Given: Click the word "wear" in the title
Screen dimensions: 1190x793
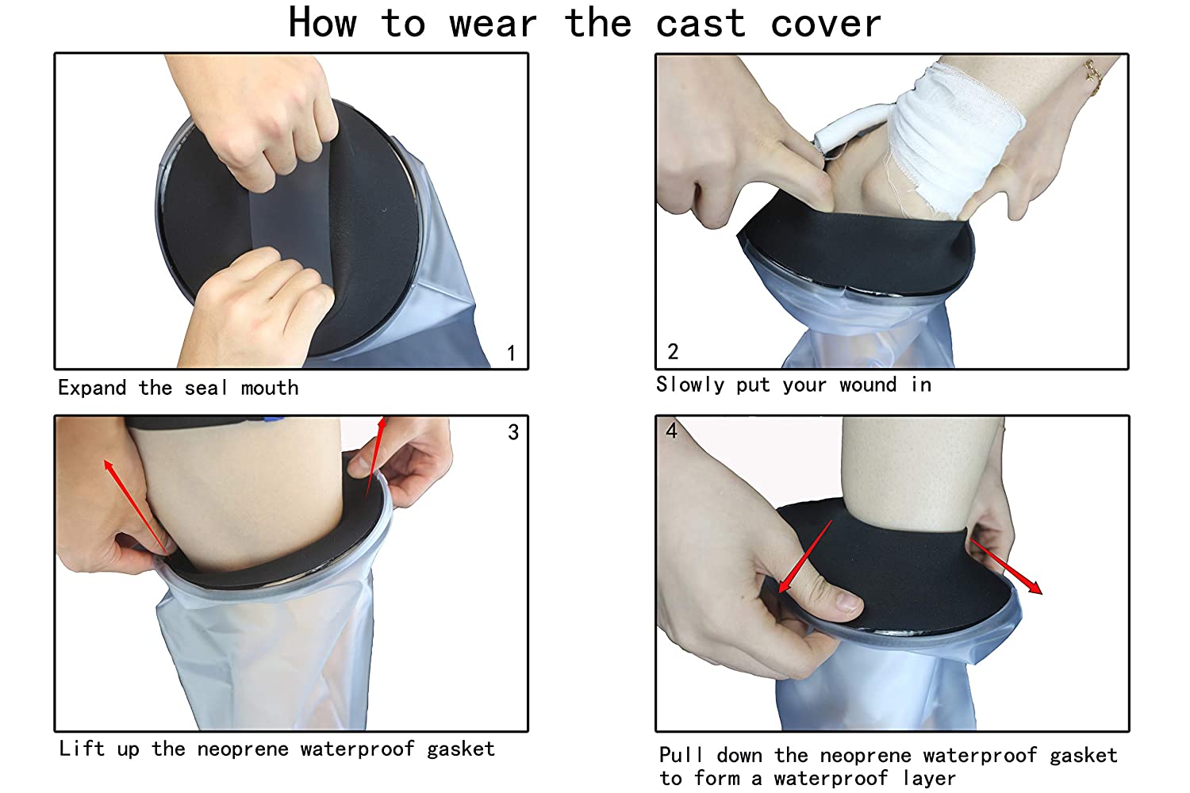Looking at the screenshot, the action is pos(493,25).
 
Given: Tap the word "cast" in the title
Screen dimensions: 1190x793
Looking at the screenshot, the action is pos(701,24).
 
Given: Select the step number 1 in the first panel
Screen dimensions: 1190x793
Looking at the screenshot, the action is pos(511,353).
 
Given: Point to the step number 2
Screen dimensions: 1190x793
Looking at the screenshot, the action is pos(673,351).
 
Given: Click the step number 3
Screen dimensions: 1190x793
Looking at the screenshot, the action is pos(513,432).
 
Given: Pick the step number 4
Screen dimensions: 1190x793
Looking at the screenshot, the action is pos(671,431).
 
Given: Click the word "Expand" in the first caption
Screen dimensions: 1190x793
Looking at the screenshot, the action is pos(92,389).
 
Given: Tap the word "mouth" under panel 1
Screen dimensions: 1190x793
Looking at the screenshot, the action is pos(270,389).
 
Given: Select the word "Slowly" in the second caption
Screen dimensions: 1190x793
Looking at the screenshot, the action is pos(690,385).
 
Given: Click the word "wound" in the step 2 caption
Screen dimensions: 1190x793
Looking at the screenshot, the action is pos(868,385).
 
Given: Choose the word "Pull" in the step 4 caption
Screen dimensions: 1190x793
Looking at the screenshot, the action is pos(681,755).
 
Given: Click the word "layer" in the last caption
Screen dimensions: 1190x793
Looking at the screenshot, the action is pos(929,779).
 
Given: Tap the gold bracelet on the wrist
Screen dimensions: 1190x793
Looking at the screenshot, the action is pos(1093,78).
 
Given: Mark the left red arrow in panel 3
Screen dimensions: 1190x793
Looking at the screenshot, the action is pos(136,508).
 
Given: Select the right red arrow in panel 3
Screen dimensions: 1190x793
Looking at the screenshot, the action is pos(376,458).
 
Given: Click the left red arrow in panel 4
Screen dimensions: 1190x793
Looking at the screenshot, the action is pos(805,557).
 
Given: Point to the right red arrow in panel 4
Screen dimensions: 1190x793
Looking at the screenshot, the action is pos(1006,567).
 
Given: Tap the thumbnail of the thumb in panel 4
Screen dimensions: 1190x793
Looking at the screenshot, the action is pos(846,603).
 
